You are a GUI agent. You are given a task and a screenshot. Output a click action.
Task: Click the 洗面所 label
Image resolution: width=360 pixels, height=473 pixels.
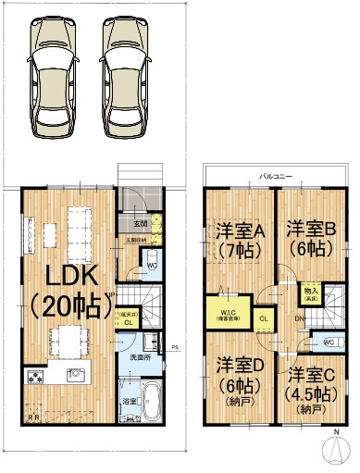[140, 357]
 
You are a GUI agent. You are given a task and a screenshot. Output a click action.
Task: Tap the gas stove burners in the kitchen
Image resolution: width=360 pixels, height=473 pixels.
[38, 378]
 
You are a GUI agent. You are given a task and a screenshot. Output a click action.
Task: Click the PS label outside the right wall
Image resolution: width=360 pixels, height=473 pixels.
[175, 347]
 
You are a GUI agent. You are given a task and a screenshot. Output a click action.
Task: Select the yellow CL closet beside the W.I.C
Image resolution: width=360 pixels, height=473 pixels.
[263, 318]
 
